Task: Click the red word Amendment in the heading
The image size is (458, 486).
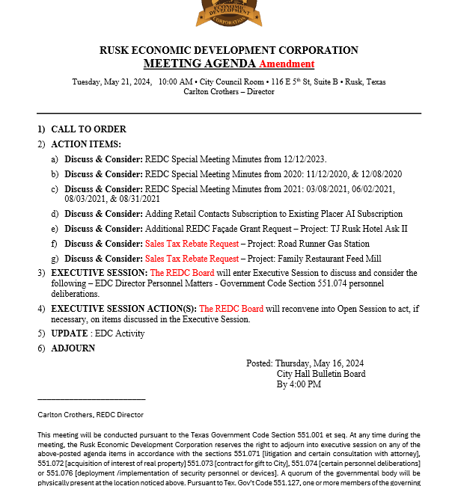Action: click(287, 64)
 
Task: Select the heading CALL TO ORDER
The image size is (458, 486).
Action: click(88, 129)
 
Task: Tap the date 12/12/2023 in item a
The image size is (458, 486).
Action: click(303, 159)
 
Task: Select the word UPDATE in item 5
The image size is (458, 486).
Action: click(70, 333)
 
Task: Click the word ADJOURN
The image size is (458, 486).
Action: click(73, 348)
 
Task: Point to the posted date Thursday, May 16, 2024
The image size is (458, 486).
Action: click(320, 363)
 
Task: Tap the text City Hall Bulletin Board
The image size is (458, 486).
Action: click(321, 374)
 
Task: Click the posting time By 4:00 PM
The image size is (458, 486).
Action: click(299, 384)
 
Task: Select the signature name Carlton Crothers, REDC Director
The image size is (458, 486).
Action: click(91, 414)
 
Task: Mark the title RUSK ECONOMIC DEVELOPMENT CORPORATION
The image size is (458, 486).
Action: click(229, 51)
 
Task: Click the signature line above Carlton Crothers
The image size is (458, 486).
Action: click(91, 399)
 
